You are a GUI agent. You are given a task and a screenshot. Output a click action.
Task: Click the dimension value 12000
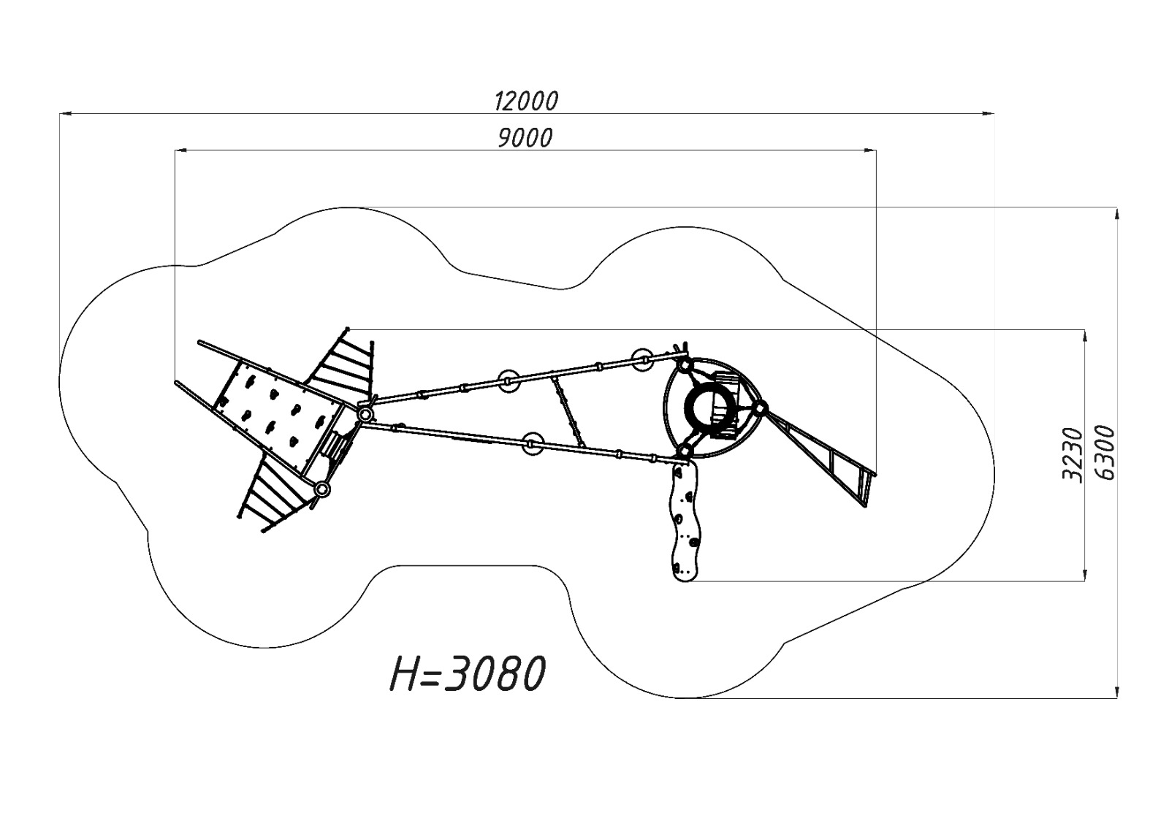coord(525,101)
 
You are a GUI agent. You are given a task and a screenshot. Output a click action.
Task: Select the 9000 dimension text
coord(525,138)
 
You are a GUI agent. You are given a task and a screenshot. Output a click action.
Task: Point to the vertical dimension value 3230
coord(1071,454)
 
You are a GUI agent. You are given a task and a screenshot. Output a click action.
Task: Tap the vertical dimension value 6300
coord(1105,453)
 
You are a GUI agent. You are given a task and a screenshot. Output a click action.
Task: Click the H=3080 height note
coord(468,673)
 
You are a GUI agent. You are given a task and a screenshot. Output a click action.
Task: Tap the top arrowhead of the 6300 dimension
coord(1116,213)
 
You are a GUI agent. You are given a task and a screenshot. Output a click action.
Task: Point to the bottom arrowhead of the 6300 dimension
coord(1116,692)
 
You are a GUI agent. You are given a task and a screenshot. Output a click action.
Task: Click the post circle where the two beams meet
coord(365,415)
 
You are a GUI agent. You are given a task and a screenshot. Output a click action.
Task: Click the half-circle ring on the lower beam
coord(531,443)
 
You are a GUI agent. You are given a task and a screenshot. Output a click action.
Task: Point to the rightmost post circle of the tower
coord(761,408)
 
